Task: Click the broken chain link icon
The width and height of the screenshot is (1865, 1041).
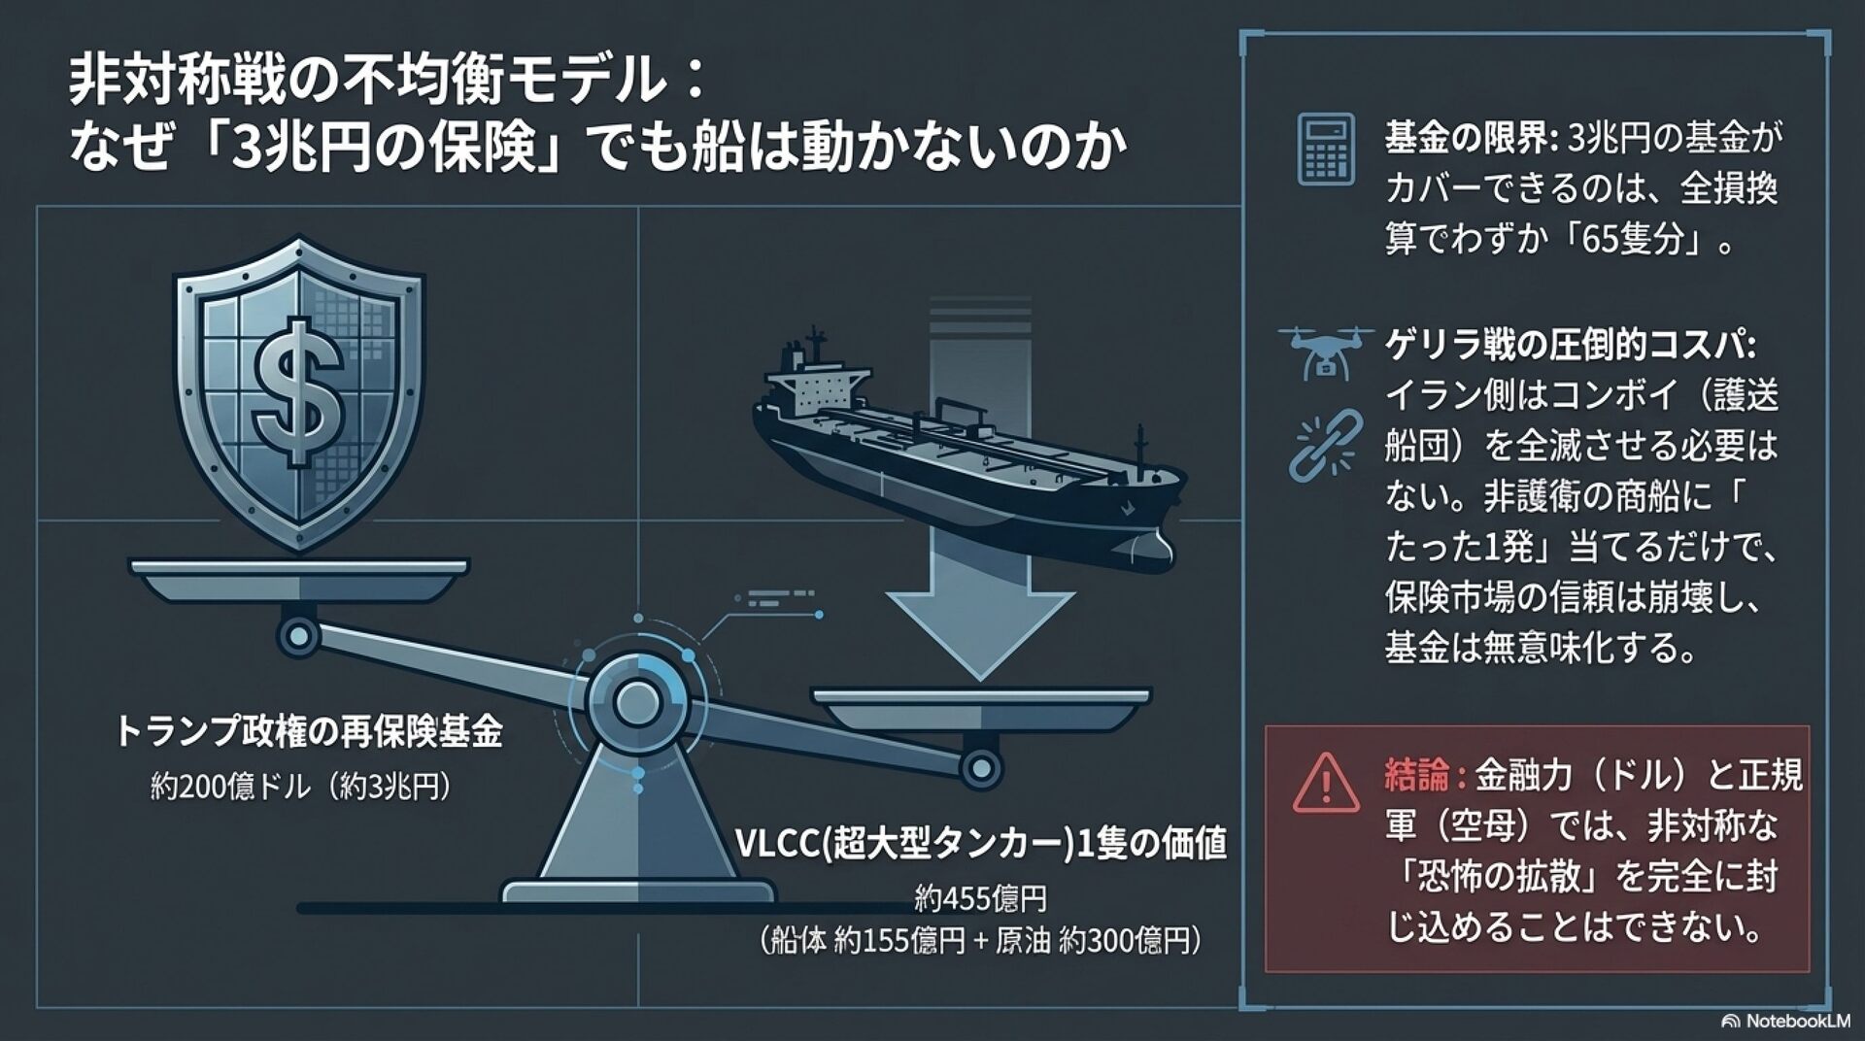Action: click(x=1324, y=445)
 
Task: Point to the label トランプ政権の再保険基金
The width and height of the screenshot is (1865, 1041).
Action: click(x=308, y=732)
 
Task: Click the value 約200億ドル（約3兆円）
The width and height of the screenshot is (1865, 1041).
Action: click(x=302, y=786)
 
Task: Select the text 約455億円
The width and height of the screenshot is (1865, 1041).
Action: click(x=980, y=899)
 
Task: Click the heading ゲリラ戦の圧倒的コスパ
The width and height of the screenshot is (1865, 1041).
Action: click(x=1571, y=346)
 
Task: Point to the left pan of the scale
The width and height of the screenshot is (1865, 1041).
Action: click(x=298, y=577)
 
